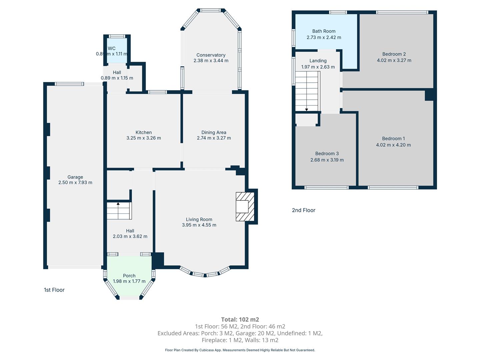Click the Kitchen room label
point(143,132)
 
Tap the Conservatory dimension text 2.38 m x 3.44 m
point(211,61)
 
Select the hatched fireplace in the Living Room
point(245,207)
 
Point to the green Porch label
point(129,276)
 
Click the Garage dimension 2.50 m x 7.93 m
point(75,182)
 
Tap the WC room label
point(112,48)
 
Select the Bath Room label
point(324,31)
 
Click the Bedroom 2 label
point(394,54)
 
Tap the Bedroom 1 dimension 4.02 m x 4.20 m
point(393,145)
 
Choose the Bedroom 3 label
point(327,153)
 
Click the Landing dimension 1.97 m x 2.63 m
point(318,67)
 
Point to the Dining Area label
point(214,132)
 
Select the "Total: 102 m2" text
point(240,319)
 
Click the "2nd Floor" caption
point(304,210)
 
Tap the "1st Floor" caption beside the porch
point(54,290)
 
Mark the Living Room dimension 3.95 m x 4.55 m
point(199,225)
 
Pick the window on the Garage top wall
point(69,84)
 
